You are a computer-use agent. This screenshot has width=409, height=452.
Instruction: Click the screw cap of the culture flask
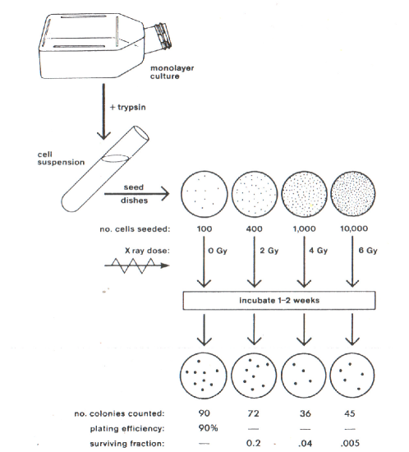(x=163, y=36)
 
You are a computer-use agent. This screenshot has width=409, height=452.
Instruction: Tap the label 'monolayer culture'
(x=172, y=72)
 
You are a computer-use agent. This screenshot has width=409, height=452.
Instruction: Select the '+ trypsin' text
(x=128, y=108)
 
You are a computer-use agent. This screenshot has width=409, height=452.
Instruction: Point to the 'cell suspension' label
(x=61, y=159)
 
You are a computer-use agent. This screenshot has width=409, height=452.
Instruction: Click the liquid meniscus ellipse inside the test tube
(x=115, y=159)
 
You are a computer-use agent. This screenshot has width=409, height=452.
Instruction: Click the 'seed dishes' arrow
(x=136, y=193)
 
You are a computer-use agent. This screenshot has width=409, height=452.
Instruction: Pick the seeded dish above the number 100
(x=204, y=193)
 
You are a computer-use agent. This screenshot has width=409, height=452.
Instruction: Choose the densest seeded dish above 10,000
(x=353, y=193)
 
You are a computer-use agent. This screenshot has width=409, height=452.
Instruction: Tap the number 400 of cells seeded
(x=254, y=229)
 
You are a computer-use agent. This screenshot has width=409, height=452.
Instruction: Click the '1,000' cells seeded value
(x=304, y=229)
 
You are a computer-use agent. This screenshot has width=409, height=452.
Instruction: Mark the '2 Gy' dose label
(x=269, y=251)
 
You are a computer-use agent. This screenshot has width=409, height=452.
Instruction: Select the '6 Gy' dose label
(x=368, y=251)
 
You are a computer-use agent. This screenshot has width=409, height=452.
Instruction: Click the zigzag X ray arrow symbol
(x=136, y=265)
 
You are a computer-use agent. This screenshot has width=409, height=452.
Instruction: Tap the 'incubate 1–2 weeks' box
(x=279, y=300)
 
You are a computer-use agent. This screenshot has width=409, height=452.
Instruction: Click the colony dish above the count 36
(x=304, y=376)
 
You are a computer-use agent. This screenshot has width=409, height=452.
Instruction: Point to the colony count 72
(x=253, y=413)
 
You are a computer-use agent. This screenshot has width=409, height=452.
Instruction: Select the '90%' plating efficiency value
(x=208, y=428)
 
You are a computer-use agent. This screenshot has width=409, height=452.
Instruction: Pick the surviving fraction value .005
(x=349, y=443)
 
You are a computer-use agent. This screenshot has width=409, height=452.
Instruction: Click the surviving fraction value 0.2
(x=254, y=443)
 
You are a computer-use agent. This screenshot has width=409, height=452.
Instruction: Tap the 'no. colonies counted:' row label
(x=120, y=413)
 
